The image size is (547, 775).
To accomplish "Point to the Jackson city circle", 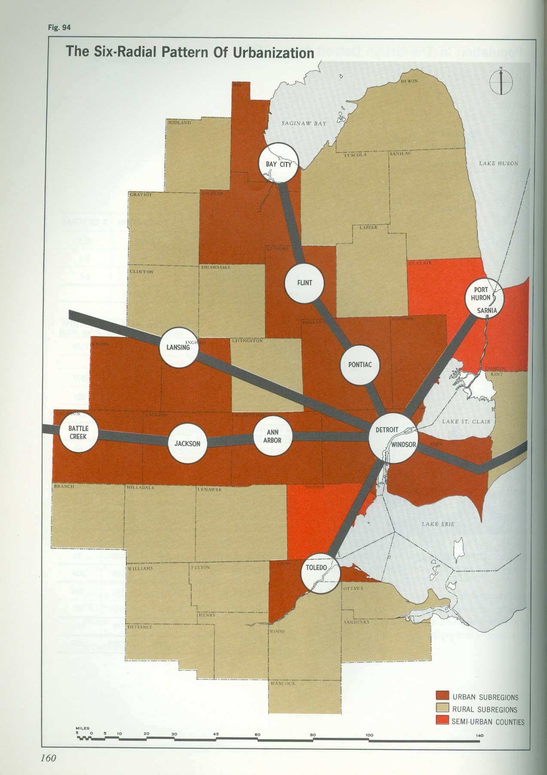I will [x=188, y=443].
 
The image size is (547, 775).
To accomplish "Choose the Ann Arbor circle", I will [x=273, y=436].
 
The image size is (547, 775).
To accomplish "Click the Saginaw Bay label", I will [x=304, y=123].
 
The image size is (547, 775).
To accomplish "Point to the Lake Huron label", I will [x=498, y=163].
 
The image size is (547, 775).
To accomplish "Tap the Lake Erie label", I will [x=438, y=524].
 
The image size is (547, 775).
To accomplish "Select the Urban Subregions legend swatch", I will [x=442, y=697].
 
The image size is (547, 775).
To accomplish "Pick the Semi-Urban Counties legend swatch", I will [x=442, y=721].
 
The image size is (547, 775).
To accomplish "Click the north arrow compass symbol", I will [x=501, y=80].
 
